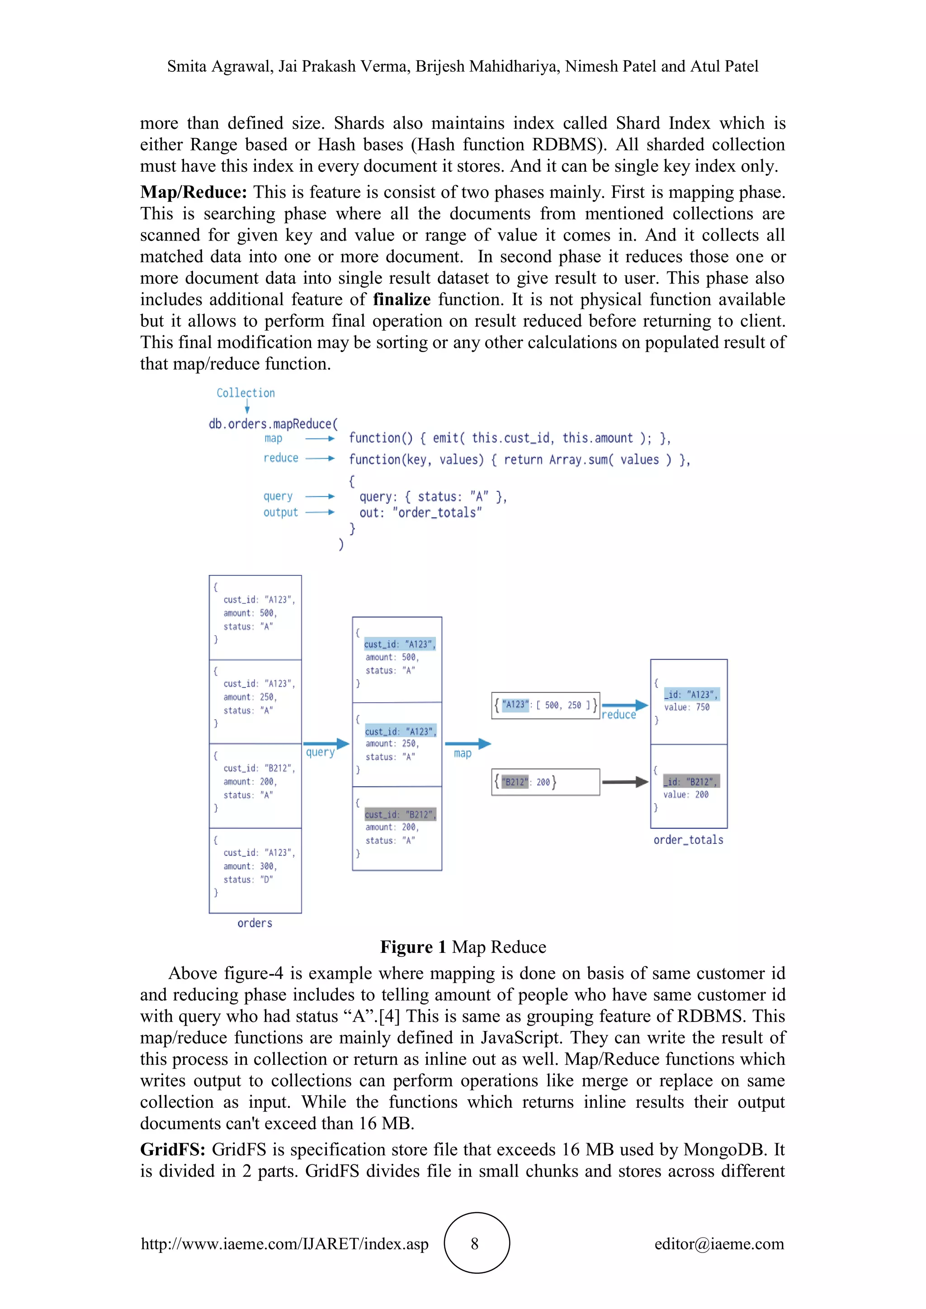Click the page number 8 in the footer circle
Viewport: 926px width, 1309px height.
474,1244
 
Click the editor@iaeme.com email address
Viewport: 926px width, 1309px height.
718,1244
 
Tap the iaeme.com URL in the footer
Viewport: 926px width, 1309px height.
284,1244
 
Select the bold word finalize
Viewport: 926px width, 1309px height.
402,299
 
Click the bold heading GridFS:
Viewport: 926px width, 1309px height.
173,1149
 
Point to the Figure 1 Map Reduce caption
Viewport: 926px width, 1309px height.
463,947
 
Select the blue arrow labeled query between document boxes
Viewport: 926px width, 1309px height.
326,744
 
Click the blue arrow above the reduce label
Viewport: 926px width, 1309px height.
624,705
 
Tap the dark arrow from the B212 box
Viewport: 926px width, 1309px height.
624,782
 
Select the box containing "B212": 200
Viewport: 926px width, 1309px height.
545,782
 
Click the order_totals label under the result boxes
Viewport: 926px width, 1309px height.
688,840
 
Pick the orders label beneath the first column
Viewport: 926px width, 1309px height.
255,923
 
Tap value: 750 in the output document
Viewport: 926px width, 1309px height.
686,707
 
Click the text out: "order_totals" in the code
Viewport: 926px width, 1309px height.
420,513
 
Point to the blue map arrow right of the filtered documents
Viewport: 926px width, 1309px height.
467,744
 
